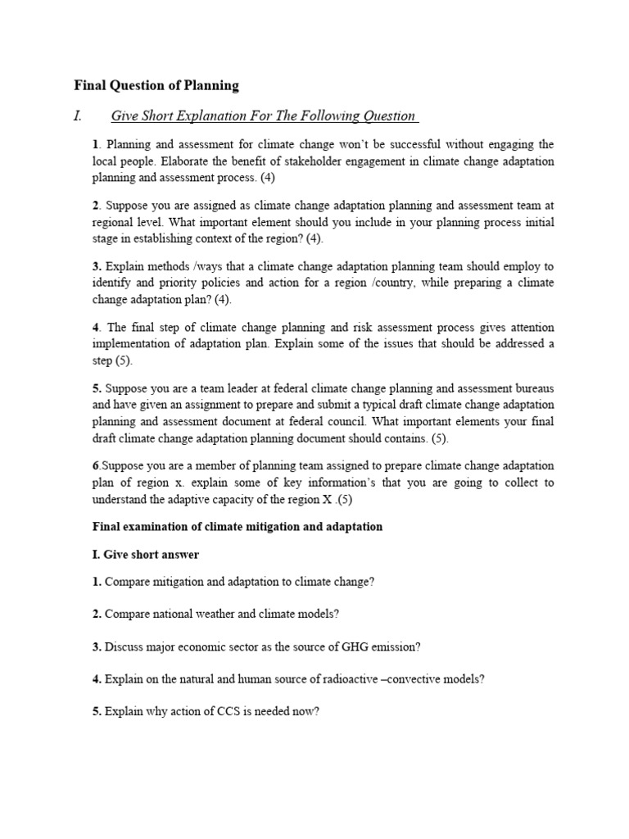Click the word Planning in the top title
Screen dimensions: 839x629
pyautogui.click(x=210, y=85)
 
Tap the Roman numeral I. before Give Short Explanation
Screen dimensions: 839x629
pyautogui.click(x=79, y=116)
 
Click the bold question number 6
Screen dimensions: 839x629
pyautogui.click(x=96, y=465)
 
